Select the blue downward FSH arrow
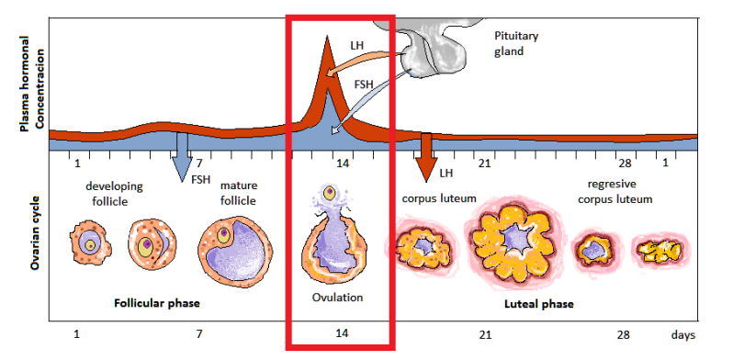(182, 156)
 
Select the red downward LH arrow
(424, 157)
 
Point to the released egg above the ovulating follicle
(329, 194)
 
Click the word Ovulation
(336, 298)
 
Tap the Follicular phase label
(157, 302)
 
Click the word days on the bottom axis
(682, 335)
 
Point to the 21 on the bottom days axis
(483, 335)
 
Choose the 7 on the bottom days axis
(199, 335)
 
